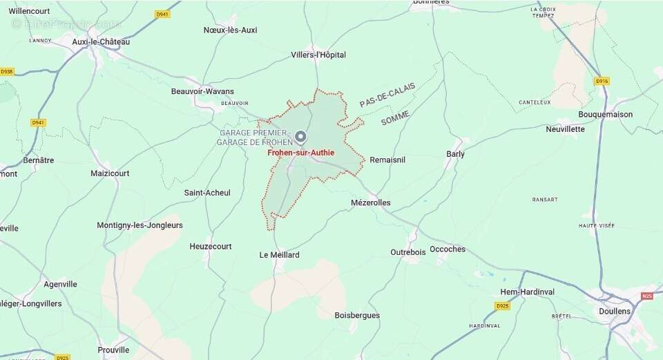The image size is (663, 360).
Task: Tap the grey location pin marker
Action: tap(300, 136)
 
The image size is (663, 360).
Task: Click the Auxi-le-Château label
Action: tap(101, 41)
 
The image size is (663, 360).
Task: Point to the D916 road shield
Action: tap(602, 81)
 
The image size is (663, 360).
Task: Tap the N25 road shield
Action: tap(646, 296)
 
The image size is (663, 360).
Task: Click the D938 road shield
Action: tap(7, 71)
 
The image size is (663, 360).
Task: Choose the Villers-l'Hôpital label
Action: tap(318, 55)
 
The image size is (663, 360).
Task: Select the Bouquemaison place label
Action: tap(606, 114)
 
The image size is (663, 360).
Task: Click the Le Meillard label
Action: tap(280, 255)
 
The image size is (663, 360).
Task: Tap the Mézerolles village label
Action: tap(371, 202)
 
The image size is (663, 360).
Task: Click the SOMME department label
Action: tap(395, 117)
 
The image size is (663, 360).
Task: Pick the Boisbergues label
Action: tap(357, 315)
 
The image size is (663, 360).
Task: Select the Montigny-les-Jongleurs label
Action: tap(140, 225)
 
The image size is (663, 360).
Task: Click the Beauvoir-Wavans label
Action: tap(202, 91)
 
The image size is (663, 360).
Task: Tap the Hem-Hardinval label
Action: tap(528, 292)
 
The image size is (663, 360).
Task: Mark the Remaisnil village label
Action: tap(387, 160)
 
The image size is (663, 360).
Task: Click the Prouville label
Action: tap(114, 350)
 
